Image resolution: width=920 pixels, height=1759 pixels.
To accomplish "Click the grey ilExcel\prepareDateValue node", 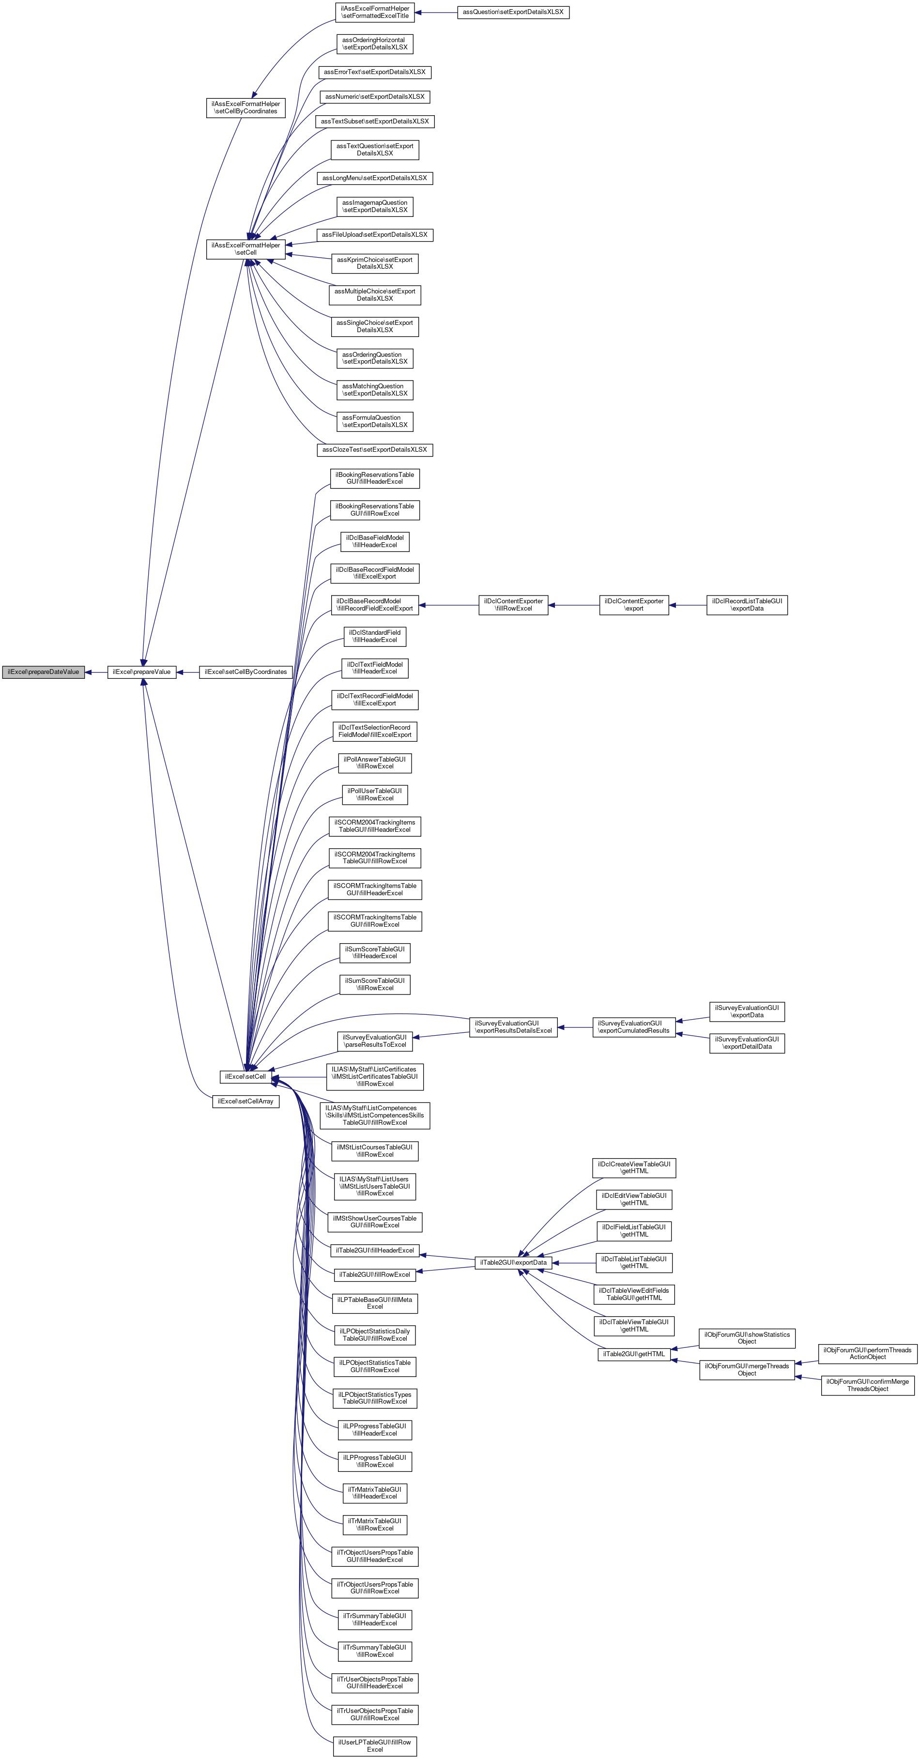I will [43, 672].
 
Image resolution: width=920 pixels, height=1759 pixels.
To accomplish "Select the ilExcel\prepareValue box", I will [141, 672].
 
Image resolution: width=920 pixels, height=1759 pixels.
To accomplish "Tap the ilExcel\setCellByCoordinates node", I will [245, 672].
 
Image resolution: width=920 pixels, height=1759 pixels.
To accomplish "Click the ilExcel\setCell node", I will [245, 1076].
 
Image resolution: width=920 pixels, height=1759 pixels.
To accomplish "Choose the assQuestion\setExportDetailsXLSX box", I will [513, 12].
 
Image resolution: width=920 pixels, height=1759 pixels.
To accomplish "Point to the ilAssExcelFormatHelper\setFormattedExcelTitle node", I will [375, 12].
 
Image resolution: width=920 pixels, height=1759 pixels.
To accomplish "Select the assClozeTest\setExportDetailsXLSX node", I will [374, 450].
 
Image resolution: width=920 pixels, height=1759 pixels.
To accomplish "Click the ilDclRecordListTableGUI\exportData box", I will [747, 605].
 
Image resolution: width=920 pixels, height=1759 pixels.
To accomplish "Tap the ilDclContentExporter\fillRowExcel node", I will [513, 605].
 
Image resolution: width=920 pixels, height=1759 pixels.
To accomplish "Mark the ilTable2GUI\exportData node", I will [513, 1263].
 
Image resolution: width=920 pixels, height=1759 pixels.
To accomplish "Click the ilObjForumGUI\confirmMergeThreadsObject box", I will [867, 1385].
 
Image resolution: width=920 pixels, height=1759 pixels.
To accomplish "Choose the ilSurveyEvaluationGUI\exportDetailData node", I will [747, 1043].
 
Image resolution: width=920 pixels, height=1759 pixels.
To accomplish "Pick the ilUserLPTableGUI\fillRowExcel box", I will [374, 1746].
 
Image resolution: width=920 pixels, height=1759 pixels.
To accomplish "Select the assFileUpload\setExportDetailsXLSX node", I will [374, 235].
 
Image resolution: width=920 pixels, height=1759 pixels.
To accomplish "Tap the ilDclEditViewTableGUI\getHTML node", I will [634, 1199].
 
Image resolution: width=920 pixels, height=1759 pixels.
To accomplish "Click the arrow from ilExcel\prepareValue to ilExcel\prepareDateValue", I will [95, 672].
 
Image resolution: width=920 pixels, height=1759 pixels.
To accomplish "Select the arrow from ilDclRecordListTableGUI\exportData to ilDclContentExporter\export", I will [687, 605].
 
